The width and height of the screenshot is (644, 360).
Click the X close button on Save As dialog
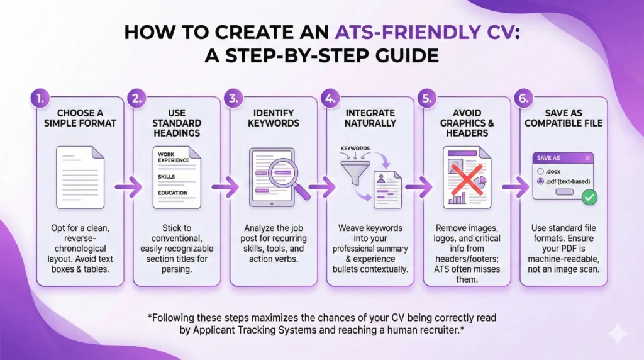tap(587, 158)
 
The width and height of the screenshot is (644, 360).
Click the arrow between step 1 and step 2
tap(131, 186)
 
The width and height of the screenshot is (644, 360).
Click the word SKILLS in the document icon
tap(167, 177)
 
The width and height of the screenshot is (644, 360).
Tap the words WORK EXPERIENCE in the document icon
tap(174, 157)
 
